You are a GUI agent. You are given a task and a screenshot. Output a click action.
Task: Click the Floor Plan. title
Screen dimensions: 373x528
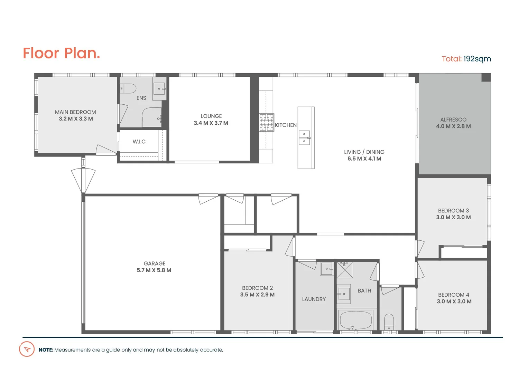coord(61,53)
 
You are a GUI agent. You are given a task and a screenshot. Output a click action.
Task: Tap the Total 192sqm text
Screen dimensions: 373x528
coord(466,59)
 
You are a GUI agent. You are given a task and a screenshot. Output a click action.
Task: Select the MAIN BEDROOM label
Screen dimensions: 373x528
coord(75,112)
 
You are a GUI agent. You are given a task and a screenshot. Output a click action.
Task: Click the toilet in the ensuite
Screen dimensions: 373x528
coord(129,88)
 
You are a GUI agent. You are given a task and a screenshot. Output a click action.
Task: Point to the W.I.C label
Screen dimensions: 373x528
coord(139,142)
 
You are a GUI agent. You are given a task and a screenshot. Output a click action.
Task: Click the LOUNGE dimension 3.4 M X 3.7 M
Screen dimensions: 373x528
coord(211,123)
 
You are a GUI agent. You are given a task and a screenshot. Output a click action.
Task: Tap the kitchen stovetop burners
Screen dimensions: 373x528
coord(267,122)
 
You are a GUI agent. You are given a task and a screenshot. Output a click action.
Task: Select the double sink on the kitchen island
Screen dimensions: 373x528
coord(304,137)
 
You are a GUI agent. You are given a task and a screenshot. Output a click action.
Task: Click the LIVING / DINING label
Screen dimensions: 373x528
coord(364,152)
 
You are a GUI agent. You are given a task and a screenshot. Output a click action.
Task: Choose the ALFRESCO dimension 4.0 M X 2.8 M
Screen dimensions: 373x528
coord(453,126)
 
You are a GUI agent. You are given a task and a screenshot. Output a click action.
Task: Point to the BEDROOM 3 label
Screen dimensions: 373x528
coord(453,211)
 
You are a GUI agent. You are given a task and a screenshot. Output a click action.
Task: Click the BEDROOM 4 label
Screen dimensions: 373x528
coord(454,295)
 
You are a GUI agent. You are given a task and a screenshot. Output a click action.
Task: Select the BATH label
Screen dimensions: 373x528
coord(364,291)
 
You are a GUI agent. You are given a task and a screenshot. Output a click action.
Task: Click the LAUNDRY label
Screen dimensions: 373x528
coord(314,299)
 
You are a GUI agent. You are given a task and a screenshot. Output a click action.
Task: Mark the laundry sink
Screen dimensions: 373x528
coord(327,269)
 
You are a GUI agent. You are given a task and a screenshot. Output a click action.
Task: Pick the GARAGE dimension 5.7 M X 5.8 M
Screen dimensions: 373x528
coord(154,270)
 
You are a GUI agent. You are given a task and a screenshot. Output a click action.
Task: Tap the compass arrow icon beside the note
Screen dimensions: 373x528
coord(27,349)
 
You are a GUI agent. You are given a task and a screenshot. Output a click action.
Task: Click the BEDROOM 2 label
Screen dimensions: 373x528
coord(257,288)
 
